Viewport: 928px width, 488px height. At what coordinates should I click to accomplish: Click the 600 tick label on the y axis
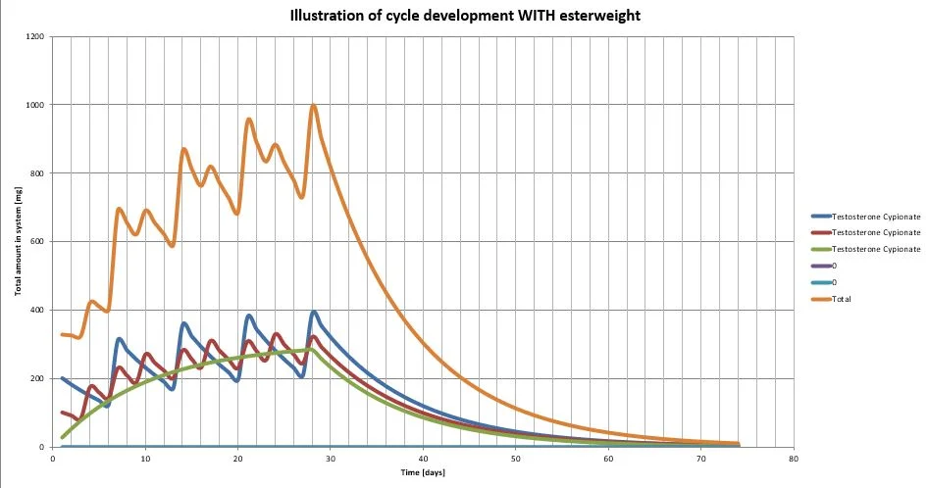39,242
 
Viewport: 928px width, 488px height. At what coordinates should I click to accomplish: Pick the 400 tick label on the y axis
39,311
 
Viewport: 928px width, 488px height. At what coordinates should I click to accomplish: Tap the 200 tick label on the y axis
39,379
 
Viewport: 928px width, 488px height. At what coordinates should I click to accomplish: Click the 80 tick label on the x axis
793,458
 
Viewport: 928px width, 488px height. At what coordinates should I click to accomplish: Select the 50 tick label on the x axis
515,458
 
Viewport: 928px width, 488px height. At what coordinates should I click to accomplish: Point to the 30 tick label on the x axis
331,458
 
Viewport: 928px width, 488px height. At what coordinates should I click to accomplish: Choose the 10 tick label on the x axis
145,458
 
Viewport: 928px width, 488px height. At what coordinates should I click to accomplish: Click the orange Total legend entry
842,299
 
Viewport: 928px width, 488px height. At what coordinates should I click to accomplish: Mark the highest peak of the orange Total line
313,106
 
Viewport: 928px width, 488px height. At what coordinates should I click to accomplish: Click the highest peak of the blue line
314,312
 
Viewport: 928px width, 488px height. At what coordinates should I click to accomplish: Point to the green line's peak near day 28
311,349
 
